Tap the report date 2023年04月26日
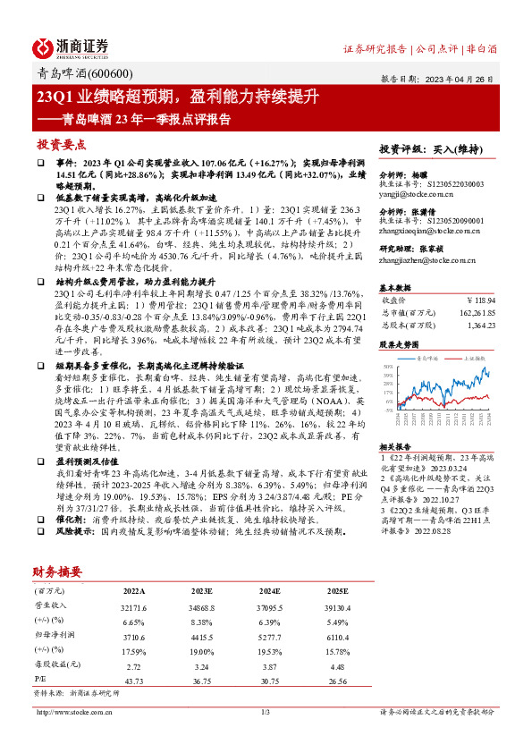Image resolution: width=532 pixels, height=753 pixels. tap(469, 78)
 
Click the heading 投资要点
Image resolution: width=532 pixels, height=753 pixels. tap(61, 144)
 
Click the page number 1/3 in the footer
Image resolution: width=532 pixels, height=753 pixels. tap(265, 712)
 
